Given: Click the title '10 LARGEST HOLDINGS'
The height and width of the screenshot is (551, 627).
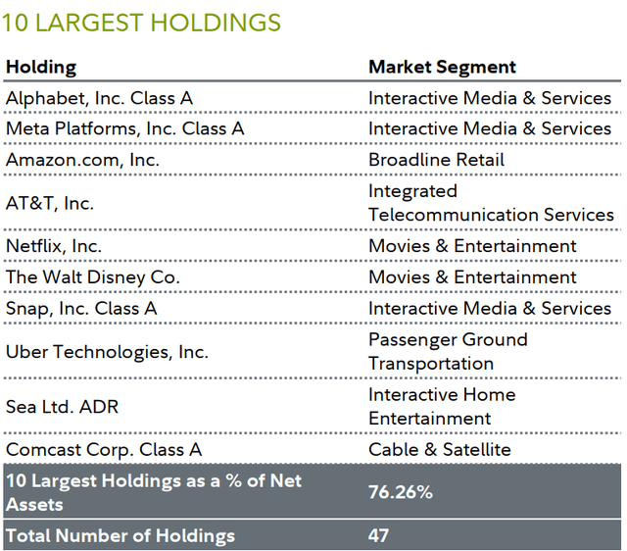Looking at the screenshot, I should tap(142, 23).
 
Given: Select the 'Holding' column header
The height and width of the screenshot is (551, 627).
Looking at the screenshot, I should tap(41, 68).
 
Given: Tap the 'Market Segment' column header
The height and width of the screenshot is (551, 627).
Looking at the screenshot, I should tap(443, 68).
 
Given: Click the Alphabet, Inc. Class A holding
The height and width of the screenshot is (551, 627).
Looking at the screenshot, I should tap(100, 98).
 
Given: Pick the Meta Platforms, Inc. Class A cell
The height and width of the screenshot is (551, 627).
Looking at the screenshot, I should tap(124, 128).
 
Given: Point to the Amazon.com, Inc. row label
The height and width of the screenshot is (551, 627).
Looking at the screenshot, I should tap(82, 160).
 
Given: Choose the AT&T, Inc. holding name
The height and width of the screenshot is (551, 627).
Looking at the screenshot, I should tap(50, 203).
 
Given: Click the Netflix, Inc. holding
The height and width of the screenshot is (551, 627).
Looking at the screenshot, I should tap(54, 246).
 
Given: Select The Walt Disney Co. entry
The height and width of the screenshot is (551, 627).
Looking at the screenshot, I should tap(93, 277).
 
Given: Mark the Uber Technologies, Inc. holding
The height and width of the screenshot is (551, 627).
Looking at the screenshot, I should tap(107, 352).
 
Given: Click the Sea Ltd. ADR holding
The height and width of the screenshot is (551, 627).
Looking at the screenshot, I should tap(62, 407).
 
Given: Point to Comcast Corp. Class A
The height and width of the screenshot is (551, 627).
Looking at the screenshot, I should tap(104, 450).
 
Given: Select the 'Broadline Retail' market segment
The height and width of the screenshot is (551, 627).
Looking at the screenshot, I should tap(437, 160).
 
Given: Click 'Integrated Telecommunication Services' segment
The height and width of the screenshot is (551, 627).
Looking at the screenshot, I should tap(491, 203).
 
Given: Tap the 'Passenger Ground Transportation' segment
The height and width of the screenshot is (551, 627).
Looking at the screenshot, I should tap(449, 352).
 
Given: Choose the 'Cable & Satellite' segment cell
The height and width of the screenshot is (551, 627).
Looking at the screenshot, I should tap(440, 450).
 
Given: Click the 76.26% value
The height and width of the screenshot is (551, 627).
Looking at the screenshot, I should tap(401, 492).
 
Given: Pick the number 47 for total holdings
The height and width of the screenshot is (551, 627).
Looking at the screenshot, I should tap(379, 535).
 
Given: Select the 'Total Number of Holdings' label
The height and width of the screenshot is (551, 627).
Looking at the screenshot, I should tap(121, 535).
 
